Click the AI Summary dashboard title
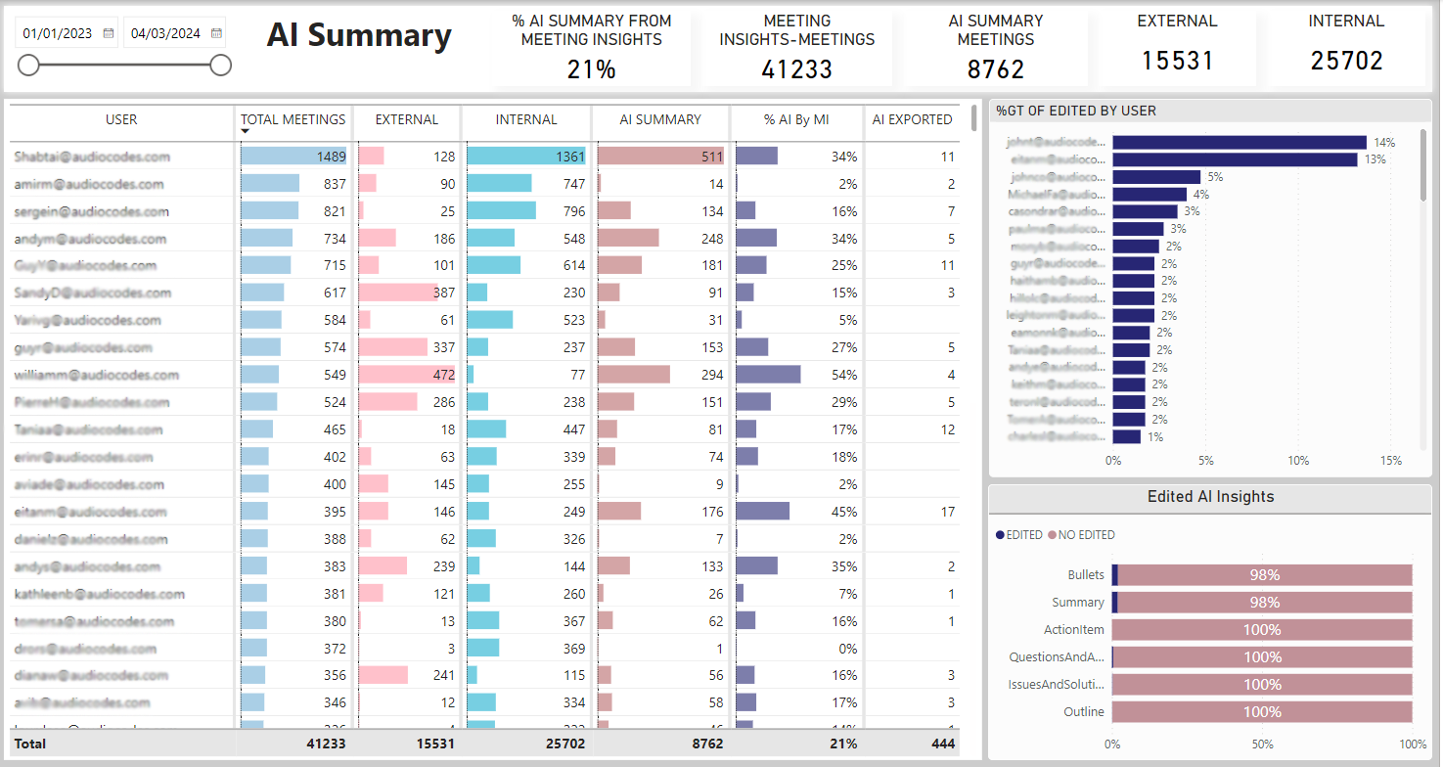[x=359, y=36]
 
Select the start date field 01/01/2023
[x=58, y=33]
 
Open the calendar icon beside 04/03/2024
[x=216, y=33]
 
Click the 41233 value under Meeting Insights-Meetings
[x=796, y=68]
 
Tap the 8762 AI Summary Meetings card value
[x=996, y=68]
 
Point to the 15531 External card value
[x=1178, y=61]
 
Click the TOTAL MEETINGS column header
[x=293, y=119]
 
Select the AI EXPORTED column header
[x=912, y=119]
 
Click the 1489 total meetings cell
[x=331, y=157]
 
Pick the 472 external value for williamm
[x=437, y=375]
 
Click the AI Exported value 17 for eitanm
[x=947, y=512]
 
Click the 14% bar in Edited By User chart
[x=1239, y=143]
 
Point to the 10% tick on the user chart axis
[x=1298, y=461]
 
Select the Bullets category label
[x=1086, y=575]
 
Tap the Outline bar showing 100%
[x=1262, y=712]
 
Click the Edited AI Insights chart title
[x=1210, y=497]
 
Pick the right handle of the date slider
[x=221, y=66]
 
